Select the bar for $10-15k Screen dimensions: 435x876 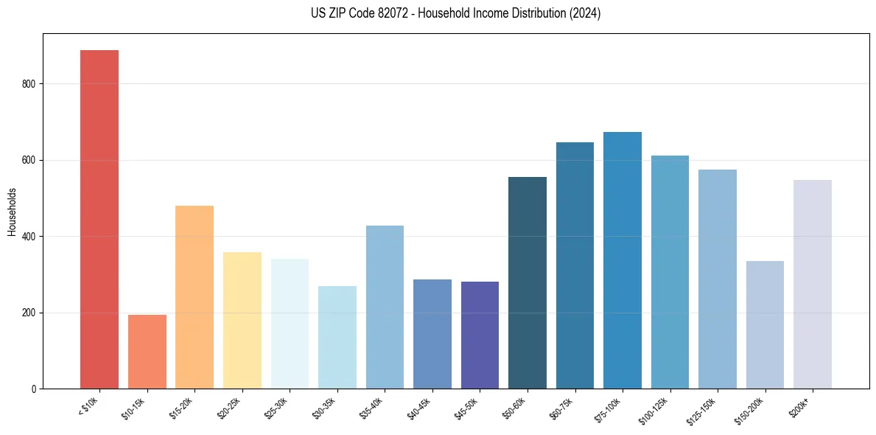pyautogui.click(x=147, y=352)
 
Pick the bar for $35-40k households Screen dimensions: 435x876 pyautogui.click(x=385, y=307)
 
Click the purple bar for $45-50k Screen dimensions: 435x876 pyautogui.click(x=480, y=335)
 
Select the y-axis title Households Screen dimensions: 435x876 pyautogui.click(x=12, y=211)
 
